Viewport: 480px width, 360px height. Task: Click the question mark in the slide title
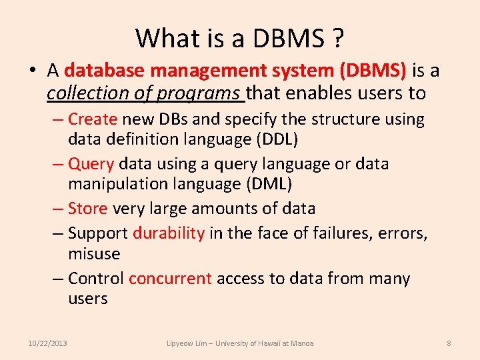tap(337, 39)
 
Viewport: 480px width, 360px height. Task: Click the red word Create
tap(93, 119)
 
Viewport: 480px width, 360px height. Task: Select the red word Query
tap(91, 164)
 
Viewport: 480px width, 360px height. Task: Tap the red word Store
tap(87, 209)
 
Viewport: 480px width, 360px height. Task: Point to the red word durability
tap(169, 233)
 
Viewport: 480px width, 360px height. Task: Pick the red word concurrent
tap(170, 278)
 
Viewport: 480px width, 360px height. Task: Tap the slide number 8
tap(449, 343)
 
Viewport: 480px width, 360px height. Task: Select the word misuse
tap(94, 254)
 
